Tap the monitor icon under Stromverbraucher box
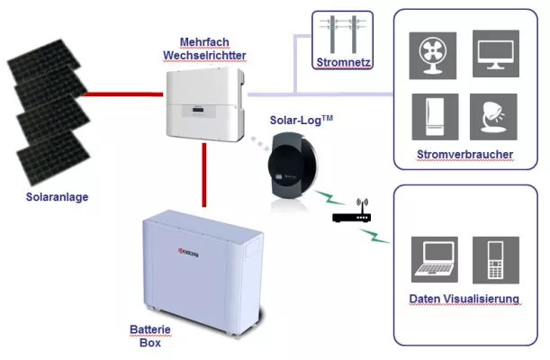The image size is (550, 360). point(497,53)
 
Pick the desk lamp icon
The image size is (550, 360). point(497,117)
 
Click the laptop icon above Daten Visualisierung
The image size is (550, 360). point(434,257)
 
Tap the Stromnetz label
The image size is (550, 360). point(343,63)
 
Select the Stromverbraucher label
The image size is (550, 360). point(464,156)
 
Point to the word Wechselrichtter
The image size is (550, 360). point(205,55)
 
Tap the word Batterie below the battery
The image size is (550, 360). point(149,330)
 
